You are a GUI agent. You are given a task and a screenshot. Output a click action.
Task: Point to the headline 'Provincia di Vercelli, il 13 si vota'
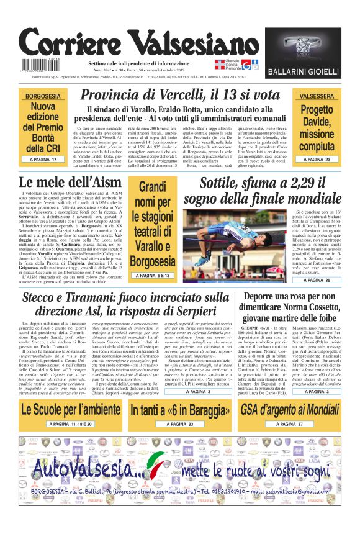click(180, 95)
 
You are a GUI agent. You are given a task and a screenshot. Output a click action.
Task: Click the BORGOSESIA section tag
click(43, 97)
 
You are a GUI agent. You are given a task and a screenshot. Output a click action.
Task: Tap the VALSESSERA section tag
click(317, 97)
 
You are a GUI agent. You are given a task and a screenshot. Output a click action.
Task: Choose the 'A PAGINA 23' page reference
click(317, 160)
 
